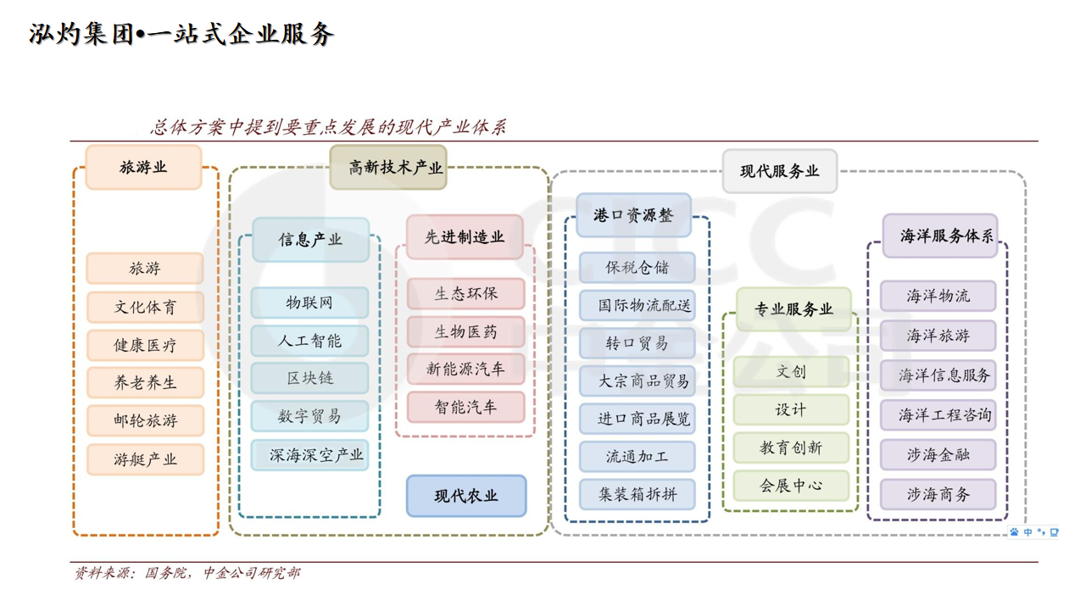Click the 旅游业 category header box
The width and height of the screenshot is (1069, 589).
click(143, 167)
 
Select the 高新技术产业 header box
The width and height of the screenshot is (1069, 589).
click(388, 167)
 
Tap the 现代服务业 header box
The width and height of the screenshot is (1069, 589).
click(780, 171)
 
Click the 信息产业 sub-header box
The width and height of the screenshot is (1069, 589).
click(310, 240)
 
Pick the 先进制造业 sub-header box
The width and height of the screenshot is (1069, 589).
click(465, 237)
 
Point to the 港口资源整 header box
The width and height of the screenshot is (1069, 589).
click(633, 215)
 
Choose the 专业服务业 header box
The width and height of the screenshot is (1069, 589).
click(794, 309)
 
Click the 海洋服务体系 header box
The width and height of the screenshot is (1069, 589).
click(940, 236)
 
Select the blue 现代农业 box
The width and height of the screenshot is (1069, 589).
click(466, 496)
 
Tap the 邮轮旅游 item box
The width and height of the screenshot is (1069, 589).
click(145, 420)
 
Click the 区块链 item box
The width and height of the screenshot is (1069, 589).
click(310, 378)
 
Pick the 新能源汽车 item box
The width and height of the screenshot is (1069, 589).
click(465, 369)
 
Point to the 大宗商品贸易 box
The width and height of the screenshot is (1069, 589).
click(638, 381)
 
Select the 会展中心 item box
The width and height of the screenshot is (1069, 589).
click(791, 486)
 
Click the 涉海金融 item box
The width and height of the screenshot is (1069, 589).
click(938, 455)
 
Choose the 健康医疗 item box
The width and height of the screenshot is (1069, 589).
click(145, 345)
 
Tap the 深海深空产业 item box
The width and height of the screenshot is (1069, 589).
click(310, 455)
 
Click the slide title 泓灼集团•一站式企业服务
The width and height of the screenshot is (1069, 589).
click(182, 35)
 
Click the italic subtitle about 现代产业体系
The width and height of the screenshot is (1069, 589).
click(329, 127)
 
